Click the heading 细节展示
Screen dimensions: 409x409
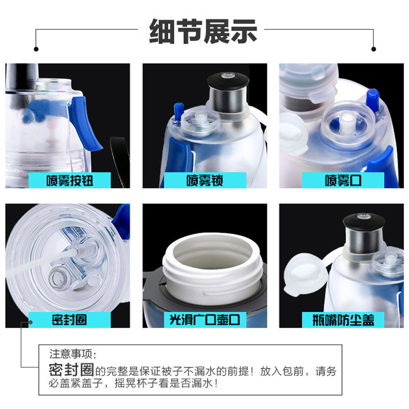pyautogui.click(x=203, y=31)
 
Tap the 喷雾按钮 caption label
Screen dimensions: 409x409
pyautogui.click(x=70, y=180)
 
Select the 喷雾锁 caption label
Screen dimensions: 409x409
pyautogui.click(x=205, y=180)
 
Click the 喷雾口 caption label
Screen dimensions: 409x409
pyautogui.click(x=343, y=180)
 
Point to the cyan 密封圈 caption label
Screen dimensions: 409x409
pyautogui.click(x=70, y=320)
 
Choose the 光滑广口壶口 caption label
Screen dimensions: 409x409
pyautogui.click(x=205, y=320)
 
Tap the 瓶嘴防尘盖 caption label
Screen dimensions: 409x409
pyautogui.click(x=343, y=320)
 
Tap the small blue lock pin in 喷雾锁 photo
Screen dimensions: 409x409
pyautogui.click(x=178, y=111)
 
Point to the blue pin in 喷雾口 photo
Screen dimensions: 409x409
pyautogui.click(x=373, y=100)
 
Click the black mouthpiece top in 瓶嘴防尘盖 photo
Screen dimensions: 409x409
pyautogui.click(x=364, y=221)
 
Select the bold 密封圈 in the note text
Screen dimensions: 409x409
pyautogui.click(x=72, y=369)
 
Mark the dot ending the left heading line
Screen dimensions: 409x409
pyautogui.click(x=36, y=49)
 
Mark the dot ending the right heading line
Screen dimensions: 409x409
pyautogui.click(x=374, y=49)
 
